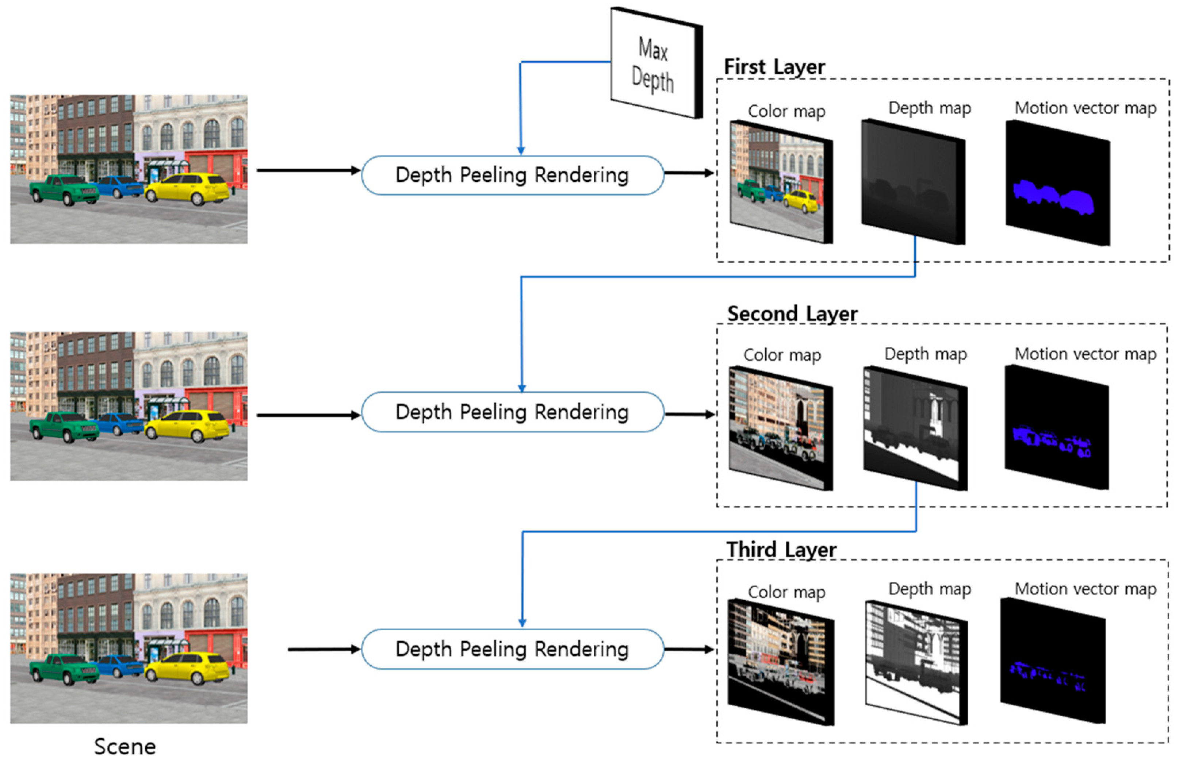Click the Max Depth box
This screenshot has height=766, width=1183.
pos(654,63)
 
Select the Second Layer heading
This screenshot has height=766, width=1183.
pos(792,314)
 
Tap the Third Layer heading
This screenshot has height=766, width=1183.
pos(781,550)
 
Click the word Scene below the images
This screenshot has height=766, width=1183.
pos(125,747)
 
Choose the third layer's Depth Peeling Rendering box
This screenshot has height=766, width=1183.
pos(512,649)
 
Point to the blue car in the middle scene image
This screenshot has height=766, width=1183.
pos(119,423)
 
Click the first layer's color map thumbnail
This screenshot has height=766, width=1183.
pos(780,182)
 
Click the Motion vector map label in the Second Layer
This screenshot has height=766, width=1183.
pos(1085,354)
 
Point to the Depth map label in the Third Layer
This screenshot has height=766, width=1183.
pos(930,589)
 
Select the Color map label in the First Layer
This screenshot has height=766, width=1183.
pos(786,111)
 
